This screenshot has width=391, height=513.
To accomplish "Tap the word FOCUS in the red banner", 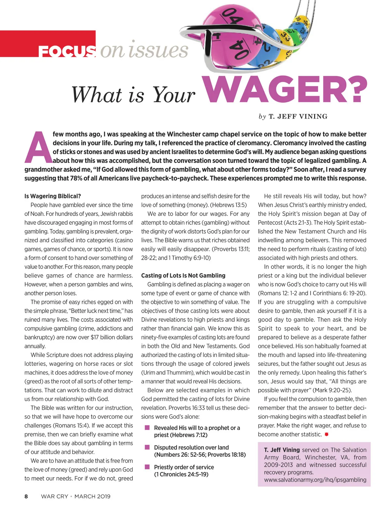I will pyautogui.click(x=67, y=51).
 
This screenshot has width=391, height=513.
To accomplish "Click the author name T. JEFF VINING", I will pyautogui.click(x=298, y=117).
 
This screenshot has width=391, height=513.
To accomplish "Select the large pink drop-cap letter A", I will pyautogui.click(x=38, y=147).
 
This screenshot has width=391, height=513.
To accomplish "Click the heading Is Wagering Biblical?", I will pyautogui.click(x=53, y=196).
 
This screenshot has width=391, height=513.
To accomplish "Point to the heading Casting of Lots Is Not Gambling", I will pyautogui.click(x=183, y=276).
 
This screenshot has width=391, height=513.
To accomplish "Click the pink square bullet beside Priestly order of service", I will pyautogui.click(x=147, y=467).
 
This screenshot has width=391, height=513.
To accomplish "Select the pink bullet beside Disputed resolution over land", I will pyautogui.click(x=147, y=447).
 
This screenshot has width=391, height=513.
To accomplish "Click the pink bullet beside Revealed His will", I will pyautogui.click(x=147, y=427).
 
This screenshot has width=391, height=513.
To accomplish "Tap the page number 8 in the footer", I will pyautogui.click(x=26, y=496).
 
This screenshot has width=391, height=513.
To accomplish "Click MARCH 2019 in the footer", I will pyautogui.click(x=92, y=496).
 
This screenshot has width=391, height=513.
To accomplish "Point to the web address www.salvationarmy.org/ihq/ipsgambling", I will pyautogui.click(x=315, y=480).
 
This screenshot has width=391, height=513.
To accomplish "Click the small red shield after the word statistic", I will pyautogui.click(x=326, y=435).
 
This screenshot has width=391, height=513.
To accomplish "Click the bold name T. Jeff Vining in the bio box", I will pyautogui.click(x=282, y=450).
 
